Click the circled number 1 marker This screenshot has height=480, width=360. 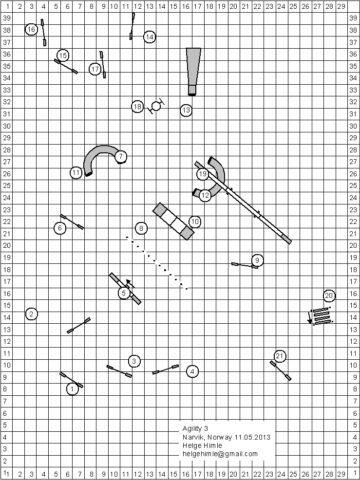pyautogui.click(x=72, y=389)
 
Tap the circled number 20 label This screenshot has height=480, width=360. pyautogui.click(x=329, y=295)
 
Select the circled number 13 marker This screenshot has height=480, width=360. pyautogui.click(x=186, y=111)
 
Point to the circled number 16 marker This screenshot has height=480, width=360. pyautogui.click(x=32, y=30)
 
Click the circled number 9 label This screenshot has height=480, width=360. pyautogui.click(x=257, y=259)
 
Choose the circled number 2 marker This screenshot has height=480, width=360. pyautogui.click(x=32, y=314)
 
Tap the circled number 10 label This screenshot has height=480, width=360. pyautogui.click(x=195, y=222)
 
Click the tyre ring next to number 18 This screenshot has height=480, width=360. pyautogui.click(x=156, y=106)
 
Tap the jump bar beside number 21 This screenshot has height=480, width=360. pyautogui.click(x=281, y=370)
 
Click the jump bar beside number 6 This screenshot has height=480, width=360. pyautogui.click(x=72, y=222)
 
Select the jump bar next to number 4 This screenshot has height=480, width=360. pyautogui.click(x=165, y=369)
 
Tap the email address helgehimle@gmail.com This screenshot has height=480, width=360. pyautogui.click(x=220, y=454)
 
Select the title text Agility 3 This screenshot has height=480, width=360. pyautogui.click(x=195, y=428)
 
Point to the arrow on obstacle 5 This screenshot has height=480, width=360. pyautogui.click(x=131, y=284)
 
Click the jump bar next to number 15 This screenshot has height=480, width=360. pyautogui.click(x=66, y=66)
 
